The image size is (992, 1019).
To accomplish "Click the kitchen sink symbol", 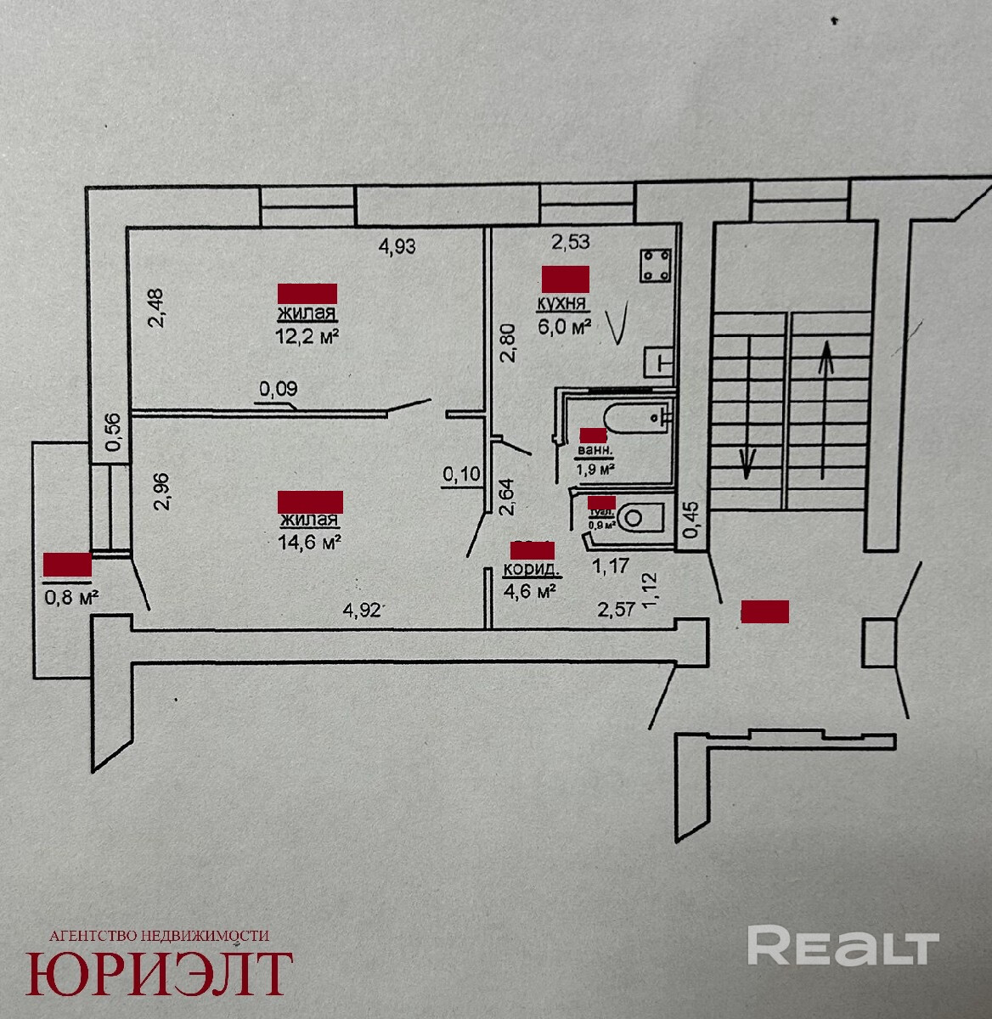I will click(659, 362).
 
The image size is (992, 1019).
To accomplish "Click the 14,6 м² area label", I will click(309, 541).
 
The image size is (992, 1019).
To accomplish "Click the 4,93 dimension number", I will click(397, 246).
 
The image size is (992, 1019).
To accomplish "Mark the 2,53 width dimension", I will click(571, 243).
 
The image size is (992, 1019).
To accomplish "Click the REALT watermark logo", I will click(843, 946).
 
